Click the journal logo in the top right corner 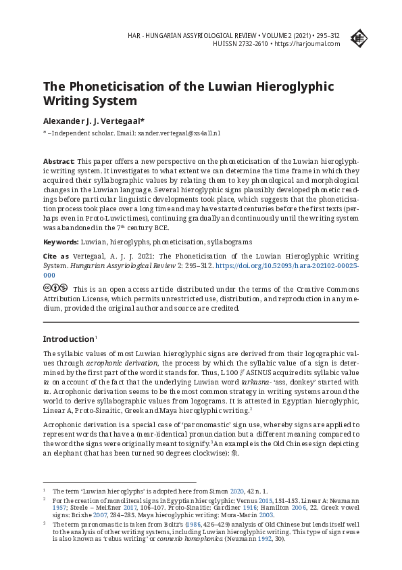359,39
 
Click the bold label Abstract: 59,162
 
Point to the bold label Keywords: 61,242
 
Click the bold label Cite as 56,257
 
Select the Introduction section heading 68,338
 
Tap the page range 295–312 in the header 327,34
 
